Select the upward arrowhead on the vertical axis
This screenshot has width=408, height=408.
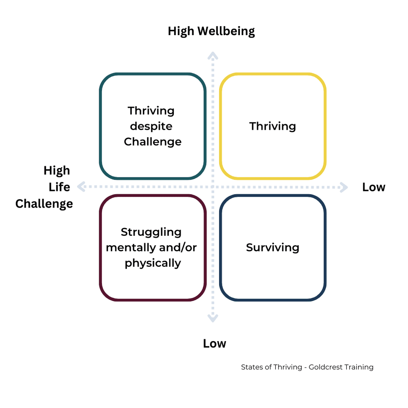tap(212, 55)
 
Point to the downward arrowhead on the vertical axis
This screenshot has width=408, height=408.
tap(212, 319)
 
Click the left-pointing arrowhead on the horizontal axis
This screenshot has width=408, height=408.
tap(80, 187)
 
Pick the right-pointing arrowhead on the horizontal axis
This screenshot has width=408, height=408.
tap(344, 187)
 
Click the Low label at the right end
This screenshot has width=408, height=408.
tap(374, 187)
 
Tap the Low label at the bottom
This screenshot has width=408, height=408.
tap(215, 344)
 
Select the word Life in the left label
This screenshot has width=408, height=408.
tap(60, 187)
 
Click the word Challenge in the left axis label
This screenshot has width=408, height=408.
tap(44, 204)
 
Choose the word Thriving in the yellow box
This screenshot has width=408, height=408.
tap(273, 126)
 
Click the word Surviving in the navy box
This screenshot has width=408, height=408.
tap(273, 248)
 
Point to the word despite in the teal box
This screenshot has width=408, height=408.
tap(151, 126)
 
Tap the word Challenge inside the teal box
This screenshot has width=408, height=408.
tap(153, 142)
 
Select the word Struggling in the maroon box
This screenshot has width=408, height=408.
tap(151, 232)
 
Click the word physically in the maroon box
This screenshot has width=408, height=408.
tap(153, 263)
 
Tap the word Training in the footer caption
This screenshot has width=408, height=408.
tap(358, 367)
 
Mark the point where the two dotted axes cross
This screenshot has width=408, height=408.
tap(212, 187)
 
